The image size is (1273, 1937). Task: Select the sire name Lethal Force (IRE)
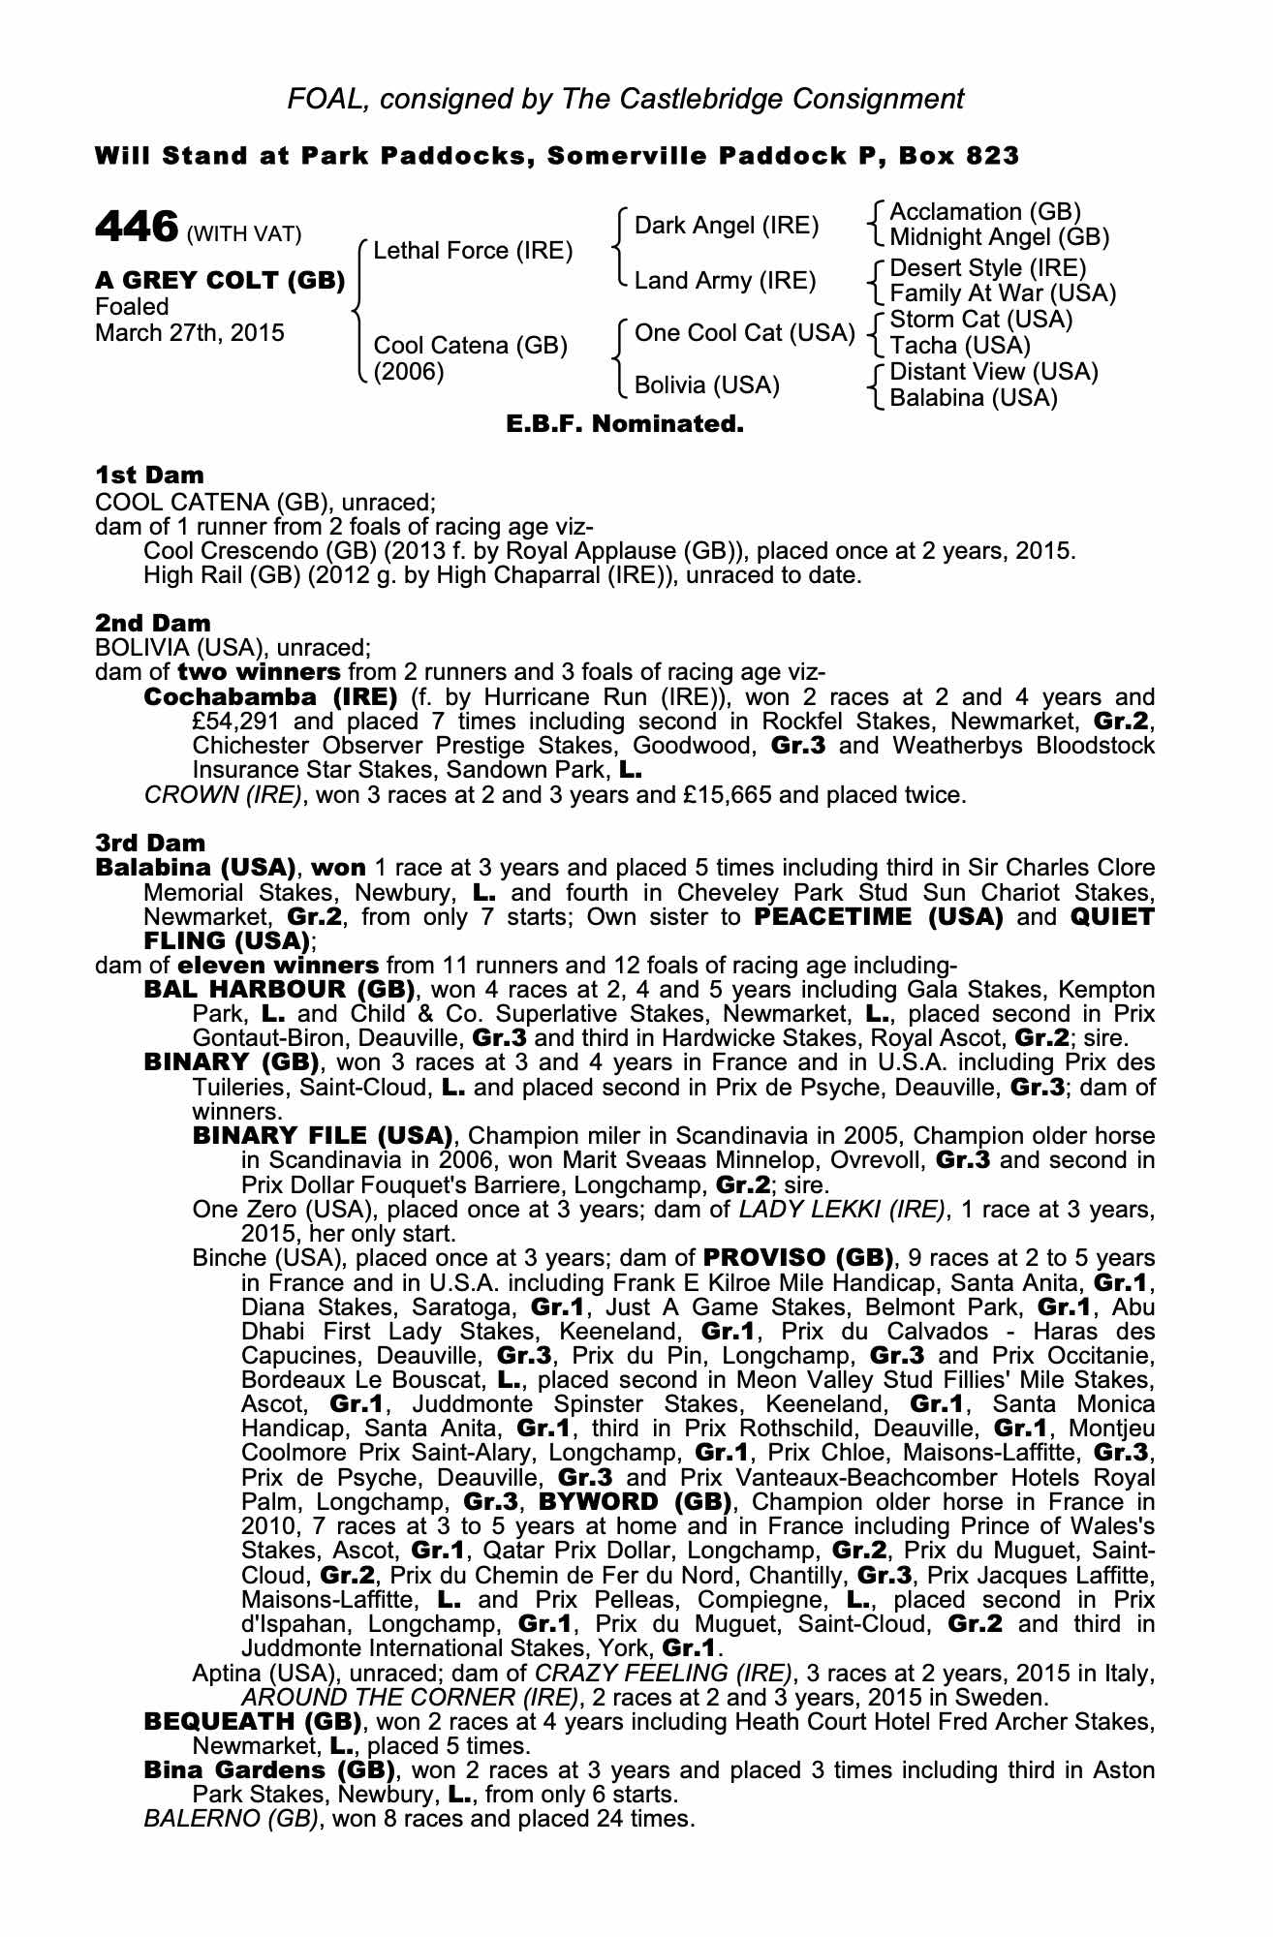point(473,251)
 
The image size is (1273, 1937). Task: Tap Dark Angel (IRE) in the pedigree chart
point(727,226)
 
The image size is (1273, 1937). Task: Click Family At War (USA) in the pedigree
point(1003,293)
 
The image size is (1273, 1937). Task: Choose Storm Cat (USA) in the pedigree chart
point(980,320)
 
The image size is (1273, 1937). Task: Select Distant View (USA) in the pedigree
point(993,372)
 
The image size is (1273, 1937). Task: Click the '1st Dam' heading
point(150,475)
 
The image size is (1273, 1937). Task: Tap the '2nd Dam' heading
point(153,622)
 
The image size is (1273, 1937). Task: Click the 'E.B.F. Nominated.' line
point(625,423)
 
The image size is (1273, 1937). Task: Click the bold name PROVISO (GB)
point(798,1258)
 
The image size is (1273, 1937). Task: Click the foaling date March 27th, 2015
point(190,333)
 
